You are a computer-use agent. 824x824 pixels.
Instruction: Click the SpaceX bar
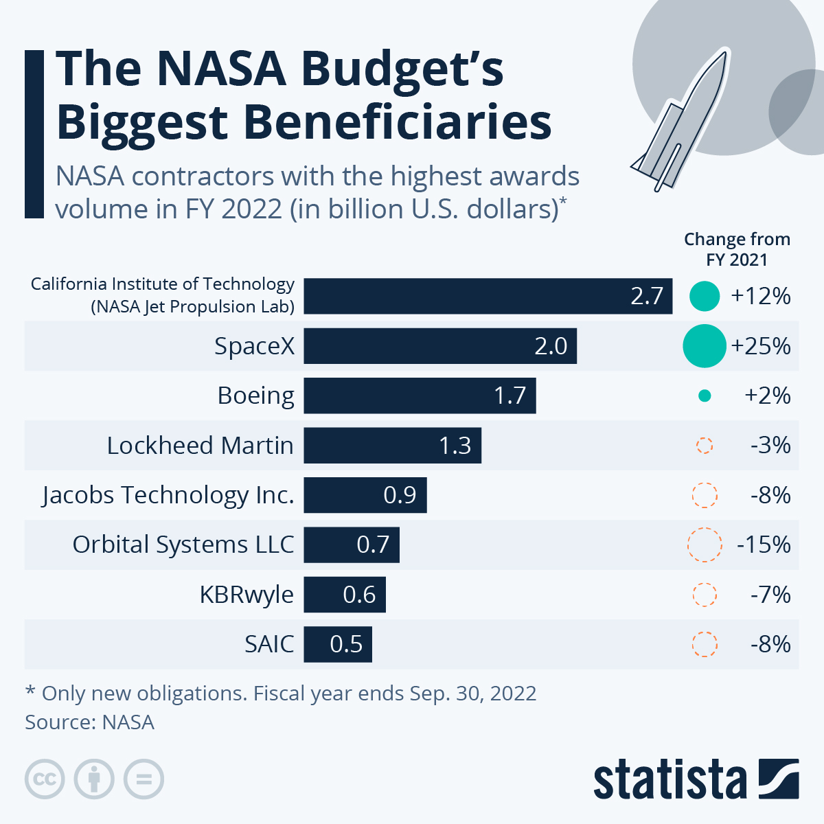439,346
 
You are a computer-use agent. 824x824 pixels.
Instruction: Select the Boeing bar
419,396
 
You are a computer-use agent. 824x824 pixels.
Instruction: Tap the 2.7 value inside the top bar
646,296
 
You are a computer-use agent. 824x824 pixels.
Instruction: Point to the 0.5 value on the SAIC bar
346,644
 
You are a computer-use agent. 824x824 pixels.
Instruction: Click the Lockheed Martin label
200,446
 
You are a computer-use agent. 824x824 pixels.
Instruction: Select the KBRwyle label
247,594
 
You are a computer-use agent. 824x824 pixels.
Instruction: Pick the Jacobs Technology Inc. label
168,495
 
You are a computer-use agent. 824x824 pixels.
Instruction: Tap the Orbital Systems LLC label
183,545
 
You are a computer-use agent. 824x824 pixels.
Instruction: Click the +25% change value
761,346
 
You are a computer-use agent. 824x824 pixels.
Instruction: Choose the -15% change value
764,545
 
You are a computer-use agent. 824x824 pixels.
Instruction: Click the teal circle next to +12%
705,296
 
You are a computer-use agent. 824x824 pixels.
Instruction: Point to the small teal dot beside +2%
704,396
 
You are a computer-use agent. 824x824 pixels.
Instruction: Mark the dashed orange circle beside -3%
705,446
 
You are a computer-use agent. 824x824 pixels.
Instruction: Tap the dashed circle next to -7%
705,595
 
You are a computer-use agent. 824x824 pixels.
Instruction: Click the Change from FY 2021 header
737,249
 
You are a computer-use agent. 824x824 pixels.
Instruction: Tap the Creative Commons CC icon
45,779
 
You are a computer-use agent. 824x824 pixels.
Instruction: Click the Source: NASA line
89,722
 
